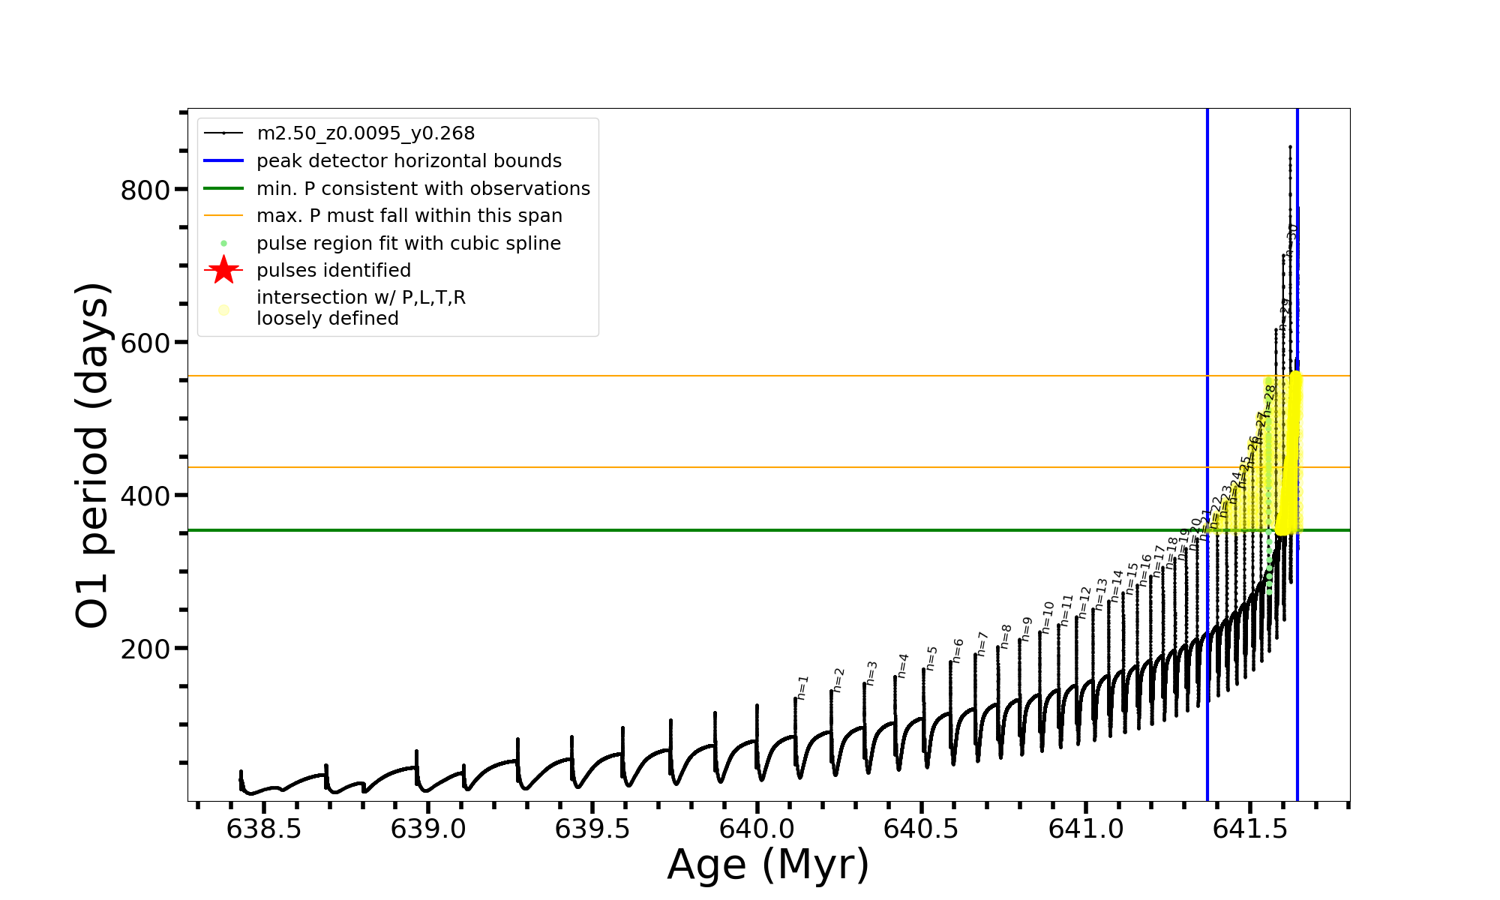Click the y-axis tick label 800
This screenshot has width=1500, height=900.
pyautogui.click(x=145, y=190)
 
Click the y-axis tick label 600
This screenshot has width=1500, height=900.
pyautogui.click(x=145, y=343)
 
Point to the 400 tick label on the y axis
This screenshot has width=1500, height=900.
pyautogui.click(x=145, y=496)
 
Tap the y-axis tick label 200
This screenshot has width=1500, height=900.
pyautogui.click(x=145, y=649)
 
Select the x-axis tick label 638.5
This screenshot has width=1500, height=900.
pyautogui.click(x=264, y=829)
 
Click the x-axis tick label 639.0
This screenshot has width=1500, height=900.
pyautogui.click(x=428, y=829)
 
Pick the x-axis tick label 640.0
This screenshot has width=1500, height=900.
pyautogui.click(x=757, y=829)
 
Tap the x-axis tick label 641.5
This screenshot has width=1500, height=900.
pyautogui.click(x=1249, y=829)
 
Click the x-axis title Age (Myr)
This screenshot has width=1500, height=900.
pyautogui.click(x=768, y=865)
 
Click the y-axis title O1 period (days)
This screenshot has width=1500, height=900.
pyautogui.click(x=93, y=455)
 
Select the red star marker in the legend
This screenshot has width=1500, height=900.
pyautogui.click(x=223, y=270)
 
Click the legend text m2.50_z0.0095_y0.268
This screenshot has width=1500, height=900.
pyautogui.click(x=365, y=133)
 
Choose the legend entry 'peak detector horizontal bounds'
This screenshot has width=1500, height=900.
pyautogui.click(x=409, y=161)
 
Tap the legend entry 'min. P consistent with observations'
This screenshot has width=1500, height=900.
pyautogui.click(x=423, y=188)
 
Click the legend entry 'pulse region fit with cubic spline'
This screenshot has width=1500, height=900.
pyautogui.click(x=408, y=244)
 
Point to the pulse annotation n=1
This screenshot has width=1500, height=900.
pyautogui.click(x=802, y=687)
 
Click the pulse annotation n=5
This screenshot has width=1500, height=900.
pyautogui.click(x=931, y=658)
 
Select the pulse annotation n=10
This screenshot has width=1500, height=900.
pyautogui.click(x=1048, y=617)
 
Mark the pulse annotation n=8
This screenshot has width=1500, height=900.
pyautogui.click(x=1006, y=637)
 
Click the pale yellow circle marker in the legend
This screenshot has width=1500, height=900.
pyautogui.click(x=223, y=309)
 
